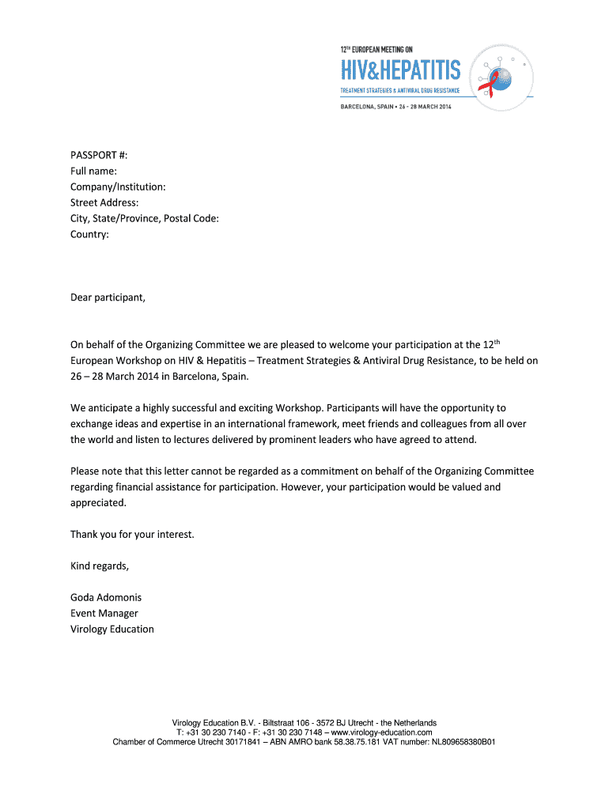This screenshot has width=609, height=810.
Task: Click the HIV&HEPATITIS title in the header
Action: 400,71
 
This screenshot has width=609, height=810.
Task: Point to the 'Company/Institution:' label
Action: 118,187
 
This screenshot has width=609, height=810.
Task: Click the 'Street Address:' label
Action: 104,202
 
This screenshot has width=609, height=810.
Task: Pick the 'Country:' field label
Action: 89,234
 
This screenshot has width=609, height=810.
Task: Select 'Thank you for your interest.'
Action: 132,535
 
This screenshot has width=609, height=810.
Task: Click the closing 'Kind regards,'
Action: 99,566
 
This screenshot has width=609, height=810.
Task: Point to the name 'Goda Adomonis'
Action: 106,598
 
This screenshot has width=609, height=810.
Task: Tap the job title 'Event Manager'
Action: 104,614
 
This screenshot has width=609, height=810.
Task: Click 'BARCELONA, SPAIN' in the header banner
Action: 370,108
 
